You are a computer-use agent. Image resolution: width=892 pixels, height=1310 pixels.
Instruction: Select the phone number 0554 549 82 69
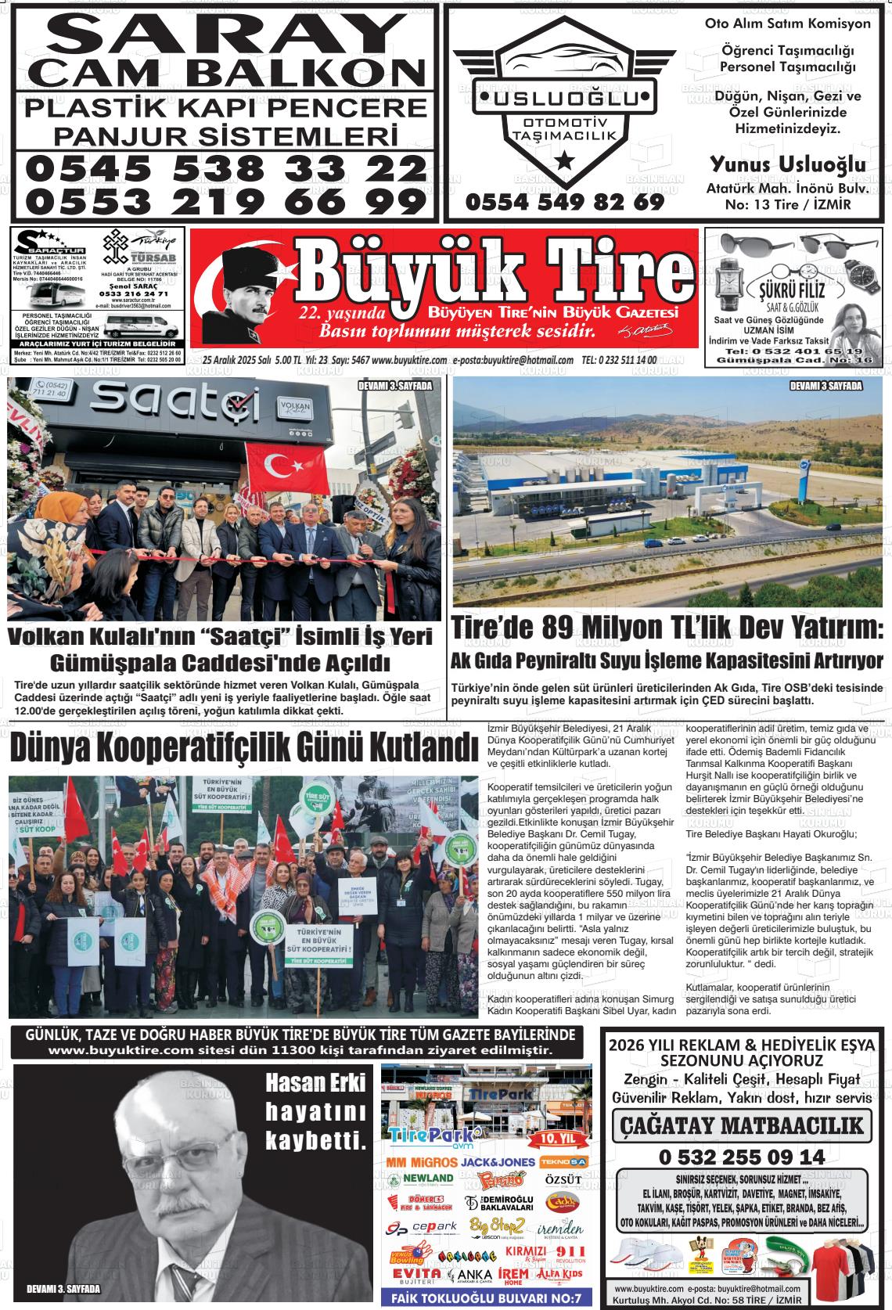tap(564, 202)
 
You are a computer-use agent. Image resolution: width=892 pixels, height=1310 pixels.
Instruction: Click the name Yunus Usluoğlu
tap(787, 165)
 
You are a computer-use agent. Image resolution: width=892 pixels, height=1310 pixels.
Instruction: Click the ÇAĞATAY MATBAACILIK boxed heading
tap(742, 1126)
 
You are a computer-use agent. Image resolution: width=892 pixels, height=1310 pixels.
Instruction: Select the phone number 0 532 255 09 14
tap(742, 1157)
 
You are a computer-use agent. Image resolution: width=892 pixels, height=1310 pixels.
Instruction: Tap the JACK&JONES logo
tap(498, 1162)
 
